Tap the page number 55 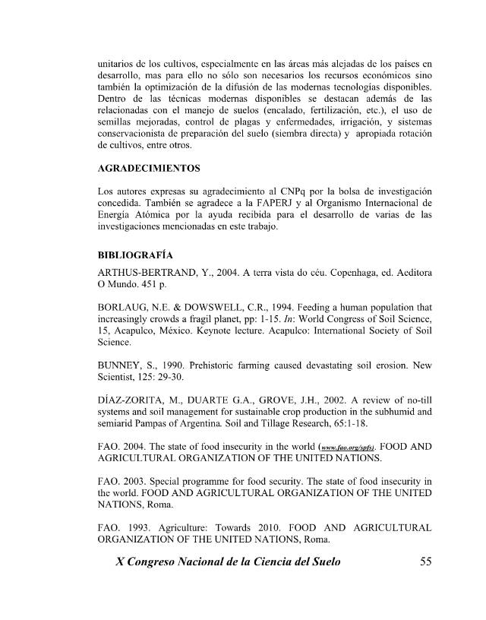click(425, 563)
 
